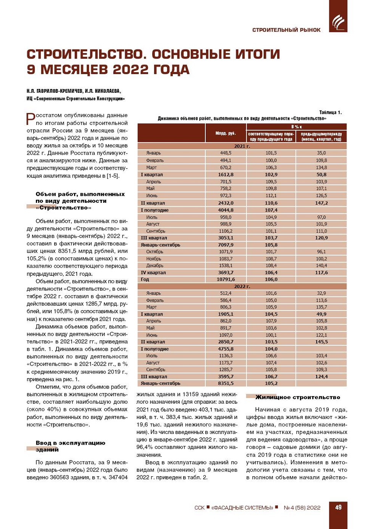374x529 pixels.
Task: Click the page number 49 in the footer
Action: click(338, 507)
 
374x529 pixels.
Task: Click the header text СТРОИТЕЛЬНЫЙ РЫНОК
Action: click(286, 30)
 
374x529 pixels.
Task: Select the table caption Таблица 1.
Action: click(330, 112)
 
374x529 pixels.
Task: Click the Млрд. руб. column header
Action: click(226, 133)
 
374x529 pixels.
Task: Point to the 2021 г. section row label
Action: click(242, 146)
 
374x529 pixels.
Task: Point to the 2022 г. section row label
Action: click(242, 286)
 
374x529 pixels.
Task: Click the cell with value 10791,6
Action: click(226, 279)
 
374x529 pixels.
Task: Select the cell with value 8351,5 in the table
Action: click(226, 383)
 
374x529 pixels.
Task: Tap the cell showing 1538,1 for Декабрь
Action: click(226, 265)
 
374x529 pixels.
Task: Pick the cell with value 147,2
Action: click(321, 203)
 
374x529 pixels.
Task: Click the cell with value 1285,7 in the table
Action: click(226, 369)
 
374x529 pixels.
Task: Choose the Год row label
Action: click(145, 279)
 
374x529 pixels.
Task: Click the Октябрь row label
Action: click(155, 252)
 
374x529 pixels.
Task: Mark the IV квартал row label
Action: click(153, 272)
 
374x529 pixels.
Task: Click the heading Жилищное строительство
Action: click(298, 397)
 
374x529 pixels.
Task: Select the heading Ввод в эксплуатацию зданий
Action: click(70, 446)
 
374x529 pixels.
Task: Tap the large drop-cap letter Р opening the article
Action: click(31, 119)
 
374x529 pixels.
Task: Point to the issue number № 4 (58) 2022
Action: click(302, 508)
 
